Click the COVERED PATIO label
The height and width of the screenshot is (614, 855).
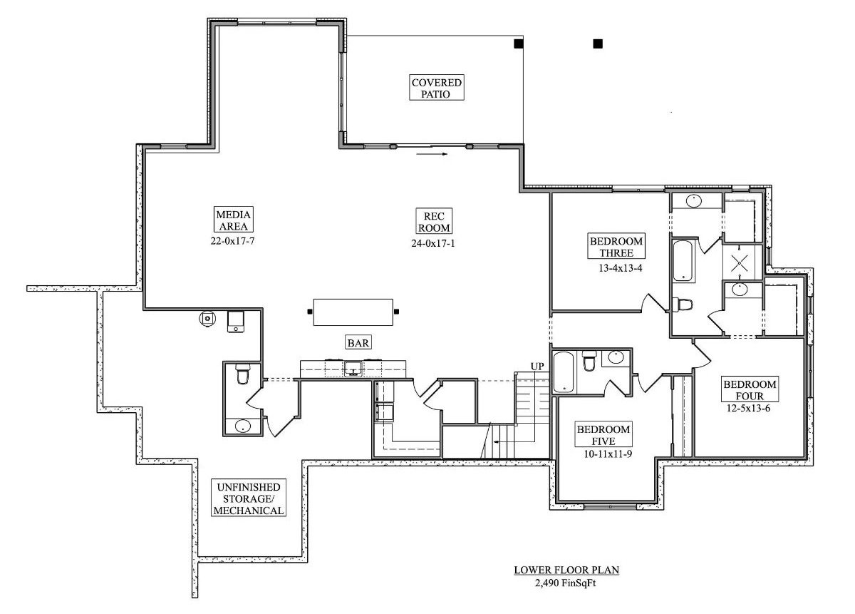[x=436, y=88]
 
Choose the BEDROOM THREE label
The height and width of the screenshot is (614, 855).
[x=616, y=247]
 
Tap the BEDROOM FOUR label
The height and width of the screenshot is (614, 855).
[x=750, y=390]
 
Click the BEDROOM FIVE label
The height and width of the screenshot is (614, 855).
[x=603, y=435]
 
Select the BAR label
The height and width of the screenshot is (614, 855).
[x=358, y=343]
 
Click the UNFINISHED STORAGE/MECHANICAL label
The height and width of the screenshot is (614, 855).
[x=249, y=498]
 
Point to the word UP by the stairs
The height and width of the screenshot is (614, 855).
[x=537, y=366]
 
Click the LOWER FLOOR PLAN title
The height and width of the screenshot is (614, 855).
[x=566, y=570]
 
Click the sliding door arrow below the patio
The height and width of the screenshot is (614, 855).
[x=432, y=153]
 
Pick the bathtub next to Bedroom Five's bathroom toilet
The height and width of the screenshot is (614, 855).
[x=563, y=371]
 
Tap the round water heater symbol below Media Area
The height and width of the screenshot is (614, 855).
[x=207, y=318]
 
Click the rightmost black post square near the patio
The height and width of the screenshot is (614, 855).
[x=597, y=44]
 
